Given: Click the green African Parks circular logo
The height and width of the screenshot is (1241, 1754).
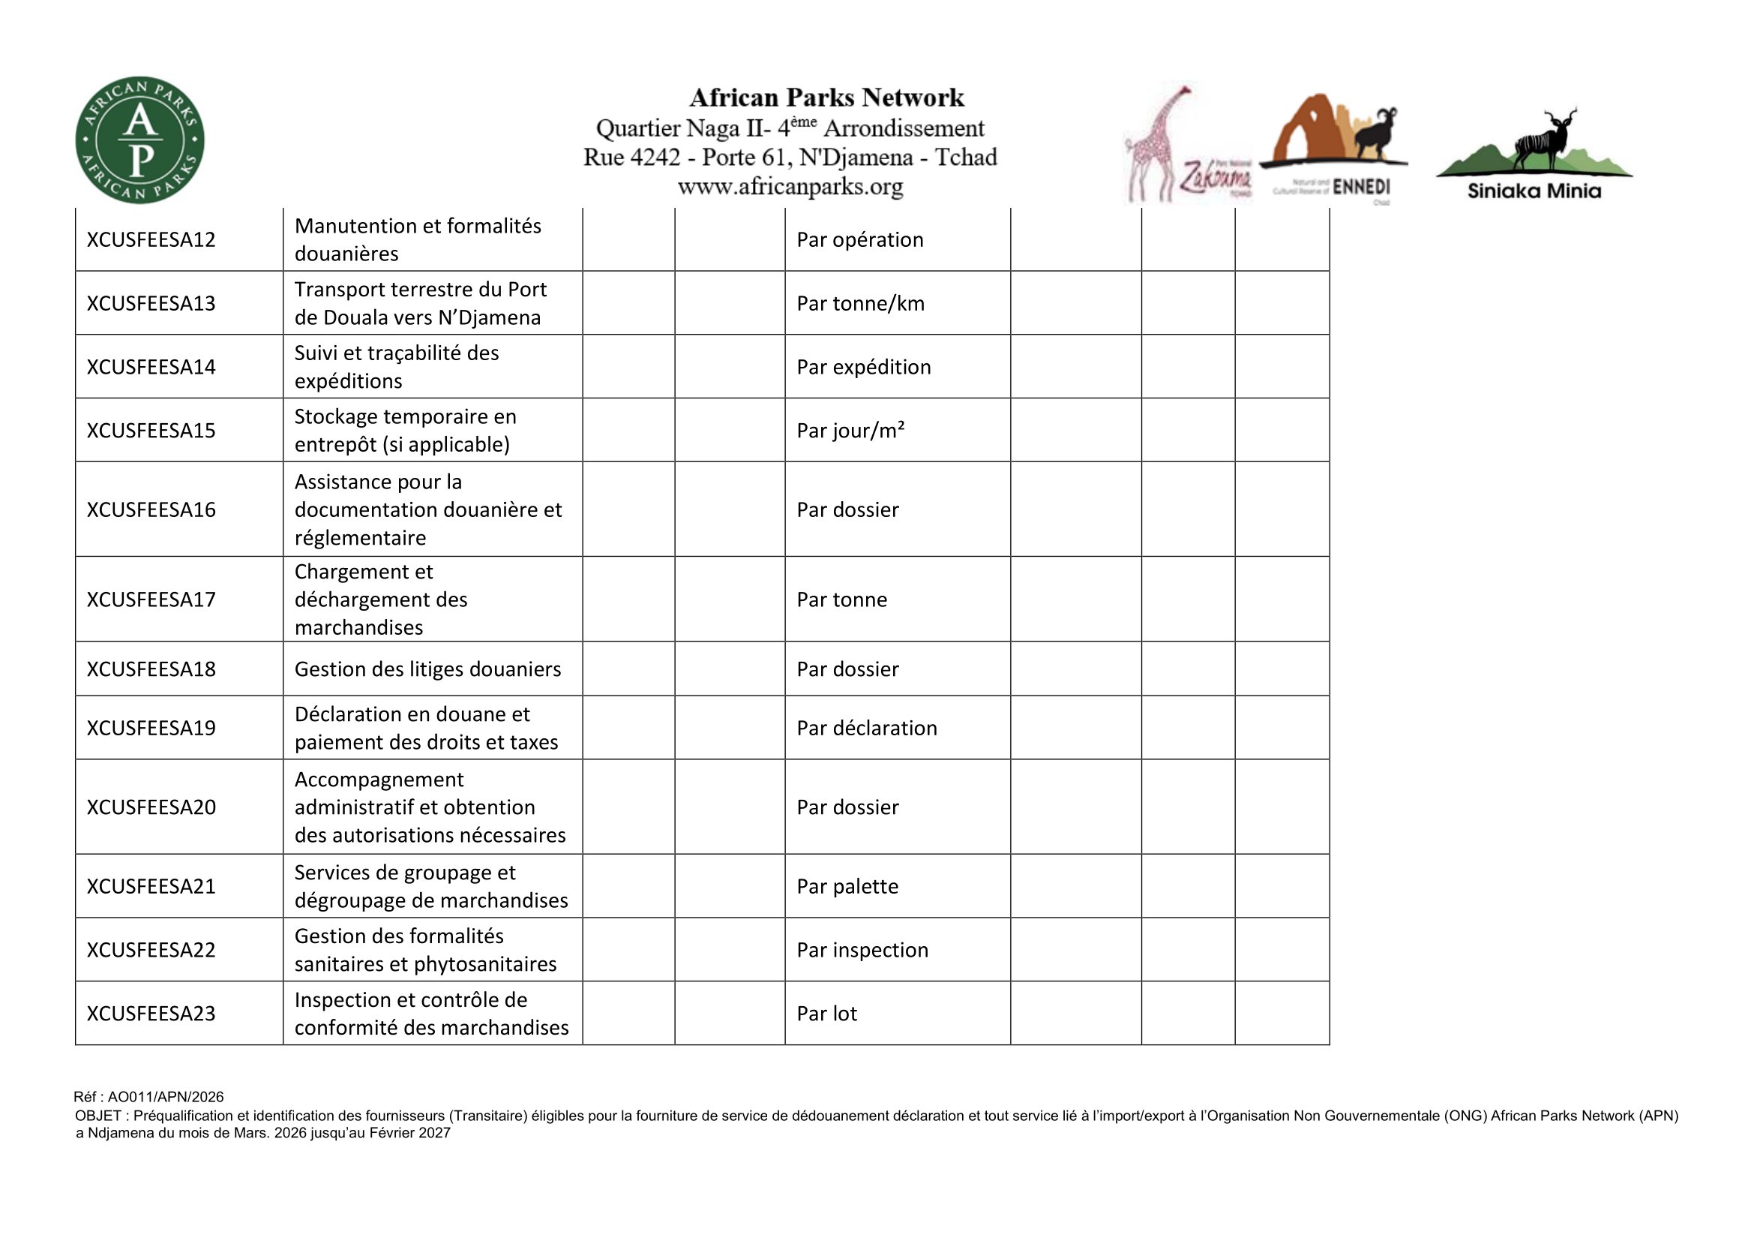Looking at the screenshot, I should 139,140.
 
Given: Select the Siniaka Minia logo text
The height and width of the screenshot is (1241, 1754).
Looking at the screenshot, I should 1534,191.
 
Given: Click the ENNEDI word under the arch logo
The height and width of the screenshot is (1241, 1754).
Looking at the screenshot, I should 1360,188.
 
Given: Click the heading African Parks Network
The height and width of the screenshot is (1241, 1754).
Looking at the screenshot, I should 826,98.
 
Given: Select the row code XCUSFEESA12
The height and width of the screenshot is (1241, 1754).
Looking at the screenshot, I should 151,240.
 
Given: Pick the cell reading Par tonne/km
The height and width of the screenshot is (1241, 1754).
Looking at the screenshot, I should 860,303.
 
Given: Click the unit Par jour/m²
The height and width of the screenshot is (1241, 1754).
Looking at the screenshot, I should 850,431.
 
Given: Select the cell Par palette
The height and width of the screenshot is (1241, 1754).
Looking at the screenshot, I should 847,886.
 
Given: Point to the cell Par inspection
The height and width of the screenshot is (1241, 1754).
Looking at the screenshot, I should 862,950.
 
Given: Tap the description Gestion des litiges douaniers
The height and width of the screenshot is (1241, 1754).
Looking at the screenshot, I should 427,669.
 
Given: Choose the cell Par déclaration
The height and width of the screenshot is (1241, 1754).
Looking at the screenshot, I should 866,729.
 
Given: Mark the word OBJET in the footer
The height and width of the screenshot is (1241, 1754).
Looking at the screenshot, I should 97,1116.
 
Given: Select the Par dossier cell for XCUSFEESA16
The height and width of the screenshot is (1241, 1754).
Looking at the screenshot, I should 847,509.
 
